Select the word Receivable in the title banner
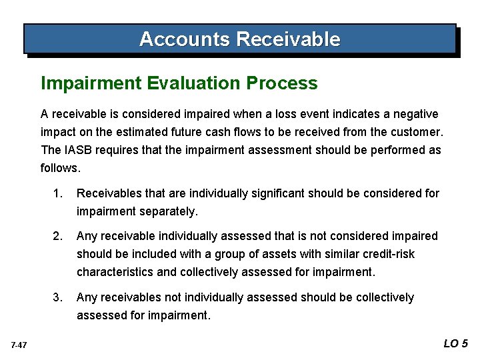288,39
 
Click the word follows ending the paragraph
60,168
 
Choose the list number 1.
59,193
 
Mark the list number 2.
59,236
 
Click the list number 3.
59,297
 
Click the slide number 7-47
19,345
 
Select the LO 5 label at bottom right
456,344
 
